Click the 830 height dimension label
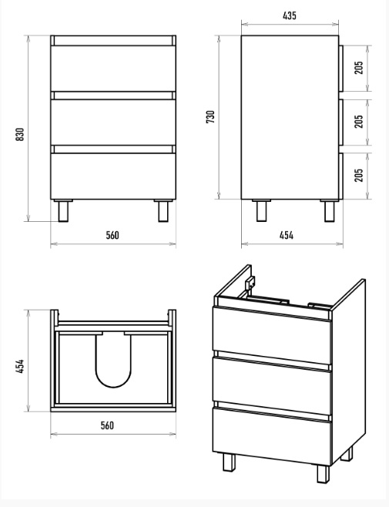(x=20, y=134)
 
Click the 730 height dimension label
(x=210, y=116)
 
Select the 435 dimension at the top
(x=290, y=15)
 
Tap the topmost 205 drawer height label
(x=359, y=68)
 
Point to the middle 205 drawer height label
(x=359, y=121)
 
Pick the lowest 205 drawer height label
(x=359, y=175)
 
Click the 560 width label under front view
(x=112, y=235)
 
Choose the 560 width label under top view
(x=107, y=425)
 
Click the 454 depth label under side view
(x=287, y=235)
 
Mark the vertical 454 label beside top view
(x=20, y=366)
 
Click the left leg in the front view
(x=63, y=211)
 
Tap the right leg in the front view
(x=163, y=211)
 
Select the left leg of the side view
(x=261, y=211)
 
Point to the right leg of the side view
(x=330, y=211)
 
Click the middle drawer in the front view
(x=113, y=123)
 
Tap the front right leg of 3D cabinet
(x=323, y=474)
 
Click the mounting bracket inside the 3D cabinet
(x=250, y=284)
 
